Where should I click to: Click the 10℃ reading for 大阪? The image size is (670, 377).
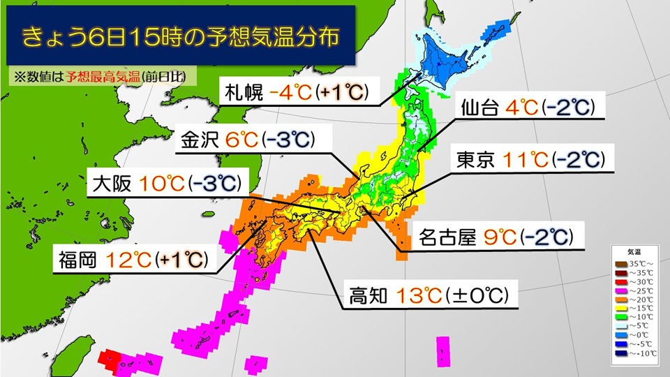[163, 184]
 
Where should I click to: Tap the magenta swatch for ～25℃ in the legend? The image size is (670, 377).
[619, 290]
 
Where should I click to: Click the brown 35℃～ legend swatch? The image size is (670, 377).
[619, 263]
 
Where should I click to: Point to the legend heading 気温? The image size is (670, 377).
[630, 252]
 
